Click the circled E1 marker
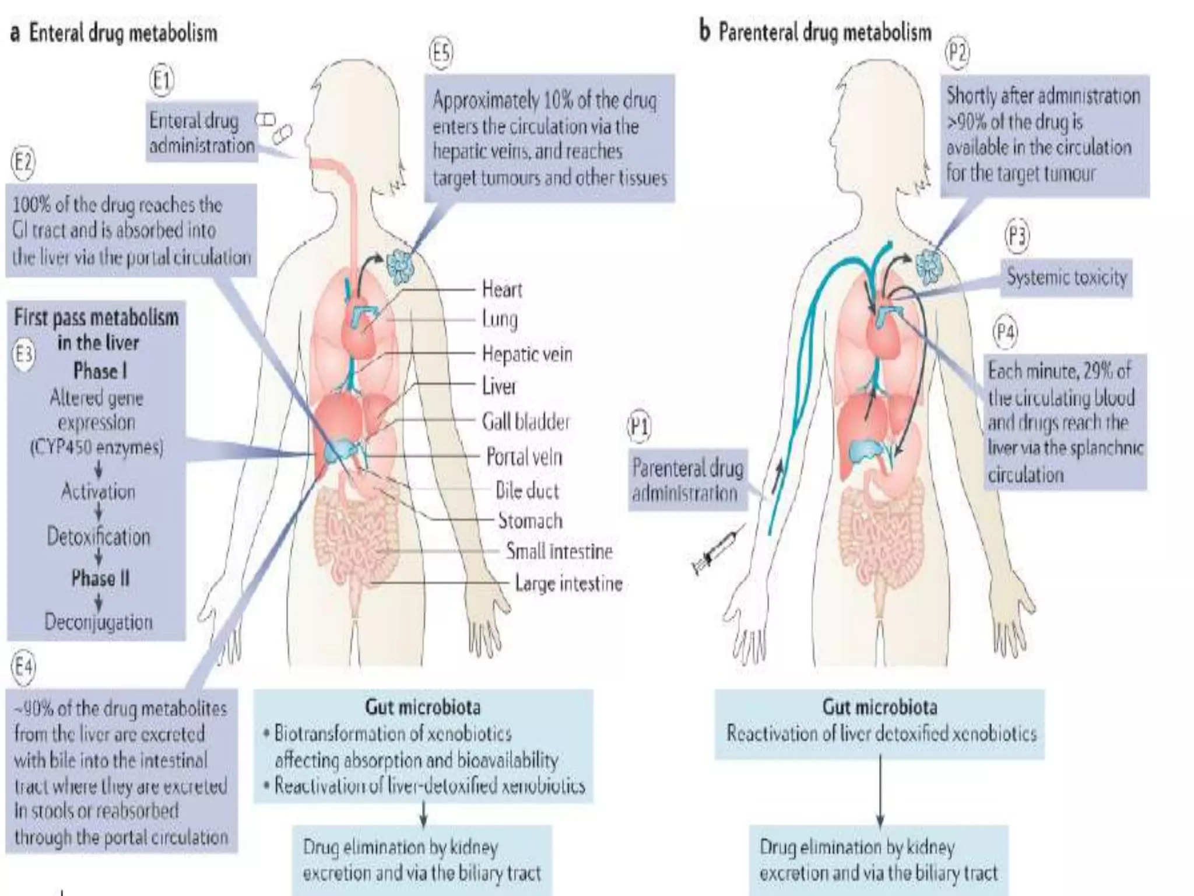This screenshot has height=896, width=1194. pos(162,80)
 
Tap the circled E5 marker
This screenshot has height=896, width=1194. pos(441,54)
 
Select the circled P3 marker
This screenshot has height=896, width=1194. pos(1017,237)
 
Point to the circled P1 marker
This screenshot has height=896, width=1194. pos(640,427)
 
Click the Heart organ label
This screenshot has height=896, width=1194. pos(502,289)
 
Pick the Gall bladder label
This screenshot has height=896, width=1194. pos(525,421)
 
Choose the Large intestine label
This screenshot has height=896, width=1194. pos(568,583)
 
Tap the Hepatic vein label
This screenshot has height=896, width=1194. pos(526,354)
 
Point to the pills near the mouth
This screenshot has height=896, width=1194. pos(274,127)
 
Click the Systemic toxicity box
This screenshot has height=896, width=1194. pos(1066,277)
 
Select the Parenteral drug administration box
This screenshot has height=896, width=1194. pos(687,481)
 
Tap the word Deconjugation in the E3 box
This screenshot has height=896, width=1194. pos(99,622)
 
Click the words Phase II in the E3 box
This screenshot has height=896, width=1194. pos(100,578)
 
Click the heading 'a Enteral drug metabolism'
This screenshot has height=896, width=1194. pos(114,33)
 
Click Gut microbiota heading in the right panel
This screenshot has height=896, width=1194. pos(879,707)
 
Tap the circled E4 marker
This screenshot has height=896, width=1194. pos(24,667)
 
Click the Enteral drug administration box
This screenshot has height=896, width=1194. pos(202,133)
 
